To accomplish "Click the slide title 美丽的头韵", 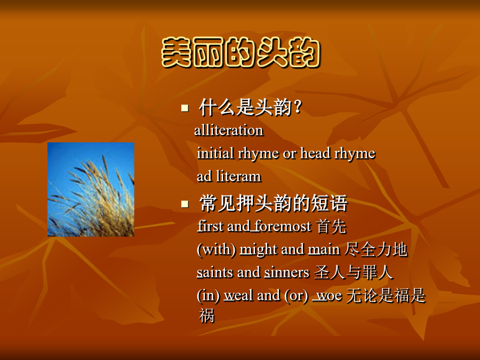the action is click(241, 52).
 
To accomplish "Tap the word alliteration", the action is click(229, 130).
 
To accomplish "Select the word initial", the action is click(215, 153).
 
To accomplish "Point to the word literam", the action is click(239, 177).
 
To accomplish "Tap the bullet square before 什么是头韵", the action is click(185, 108).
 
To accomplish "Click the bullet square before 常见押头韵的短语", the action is click(185, 204).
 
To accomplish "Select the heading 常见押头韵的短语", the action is click(274, 203).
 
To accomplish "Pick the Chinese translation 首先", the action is click(332, 227).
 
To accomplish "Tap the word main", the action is click(324, 250).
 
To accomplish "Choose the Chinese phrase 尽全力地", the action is click(376, 250).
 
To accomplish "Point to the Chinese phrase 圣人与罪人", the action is click(354, 273).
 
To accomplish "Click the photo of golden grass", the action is click(91, 189).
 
